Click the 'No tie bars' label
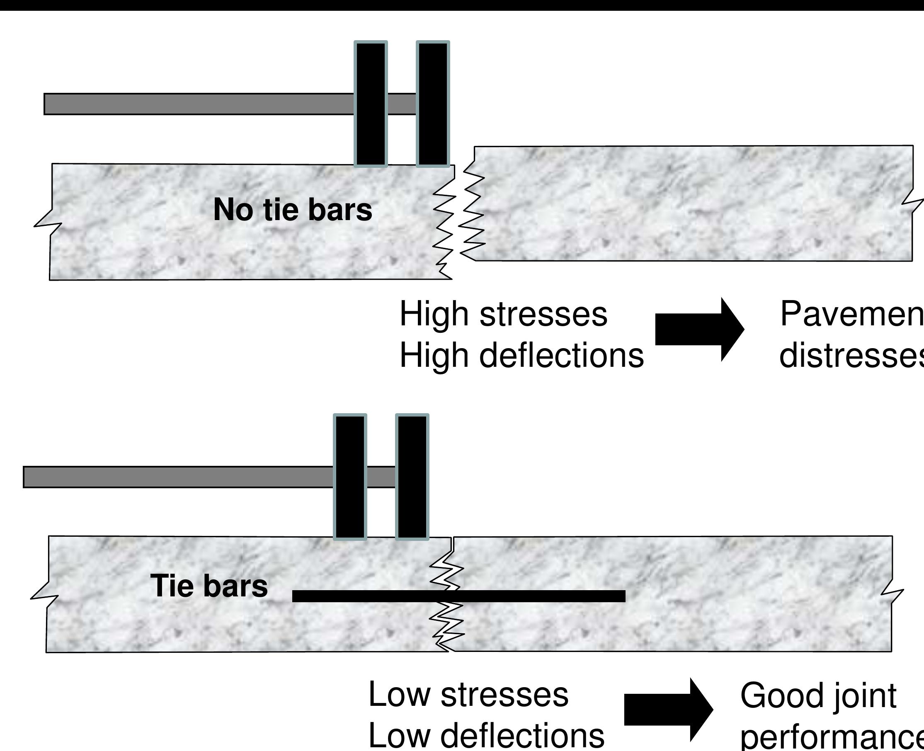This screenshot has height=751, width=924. (292, 210)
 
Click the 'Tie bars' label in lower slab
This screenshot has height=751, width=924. (209, 586)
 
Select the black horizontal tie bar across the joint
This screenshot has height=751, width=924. (458, 596)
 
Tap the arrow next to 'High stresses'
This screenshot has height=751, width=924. (699, 329)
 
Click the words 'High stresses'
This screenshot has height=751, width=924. (503, 315)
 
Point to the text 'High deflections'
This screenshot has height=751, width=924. (521, 356)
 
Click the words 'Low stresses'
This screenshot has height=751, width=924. (468, 695)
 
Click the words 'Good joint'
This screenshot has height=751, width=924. (818, 695)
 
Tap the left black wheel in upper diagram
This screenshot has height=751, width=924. (371, 104)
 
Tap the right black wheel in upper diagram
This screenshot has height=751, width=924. (433, 104)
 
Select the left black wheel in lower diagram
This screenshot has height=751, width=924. (350, 477)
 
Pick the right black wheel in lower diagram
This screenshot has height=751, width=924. (412, 477)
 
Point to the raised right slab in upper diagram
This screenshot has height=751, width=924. (692, 203)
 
